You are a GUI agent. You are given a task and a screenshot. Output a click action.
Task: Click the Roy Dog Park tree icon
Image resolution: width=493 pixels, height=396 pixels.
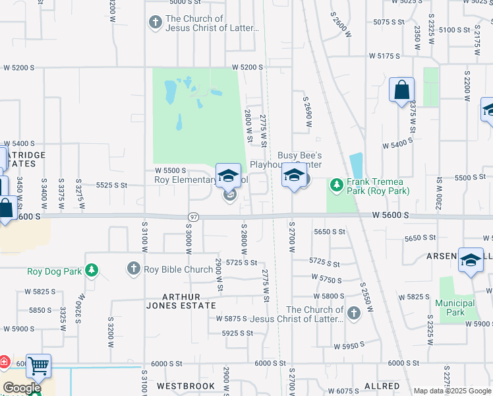(x=91, y=270)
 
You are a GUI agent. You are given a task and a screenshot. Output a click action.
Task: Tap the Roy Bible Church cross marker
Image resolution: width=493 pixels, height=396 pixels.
(x=133, y=269)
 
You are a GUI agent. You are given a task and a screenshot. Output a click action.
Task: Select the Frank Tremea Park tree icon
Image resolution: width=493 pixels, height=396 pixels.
(x=337, y=185)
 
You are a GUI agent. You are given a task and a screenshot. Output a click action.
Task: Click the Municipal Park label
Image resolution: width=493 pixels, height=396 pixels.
(x=455, y=308)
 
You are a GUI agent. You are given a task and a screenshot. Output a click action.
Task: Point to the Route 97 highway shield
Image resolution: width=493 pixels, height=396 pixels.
(x=193, y=216)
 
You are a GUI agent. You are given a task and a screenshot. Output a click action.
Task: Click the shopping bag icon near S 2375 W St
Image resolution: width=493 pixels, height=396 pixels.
(x=401, y=90)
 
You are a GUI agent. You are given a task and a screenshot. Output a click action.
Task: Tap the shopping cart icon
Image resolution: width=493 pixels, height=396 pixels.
(x=38, y=365)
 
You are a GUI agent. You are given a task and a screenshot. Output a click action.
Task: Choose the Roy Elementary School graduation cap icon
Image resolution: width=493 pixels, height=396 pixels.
(x=228, y=176)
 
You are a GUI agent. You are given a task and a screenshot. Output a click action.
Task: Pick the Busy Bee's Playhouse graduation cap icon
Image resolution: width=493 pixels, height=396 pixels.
(x=295, y=176)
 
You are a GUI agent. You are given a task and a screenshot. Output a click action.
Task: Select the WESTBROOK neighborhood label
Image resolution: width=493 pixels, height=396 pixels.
(x=186, y=385)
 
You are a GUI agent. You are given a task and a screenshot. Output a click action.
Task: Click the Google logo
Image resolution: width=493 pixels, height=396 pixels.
(x=22, y=388)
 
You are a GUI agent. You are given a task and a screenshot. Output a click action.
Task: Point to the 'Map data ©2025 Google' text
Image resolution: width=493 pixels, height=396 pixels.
(x=452, y=391)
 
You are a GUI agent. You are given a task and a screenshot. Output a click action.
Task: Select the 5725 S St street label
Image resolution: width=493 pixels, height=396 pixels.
(x=241, y=262)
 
